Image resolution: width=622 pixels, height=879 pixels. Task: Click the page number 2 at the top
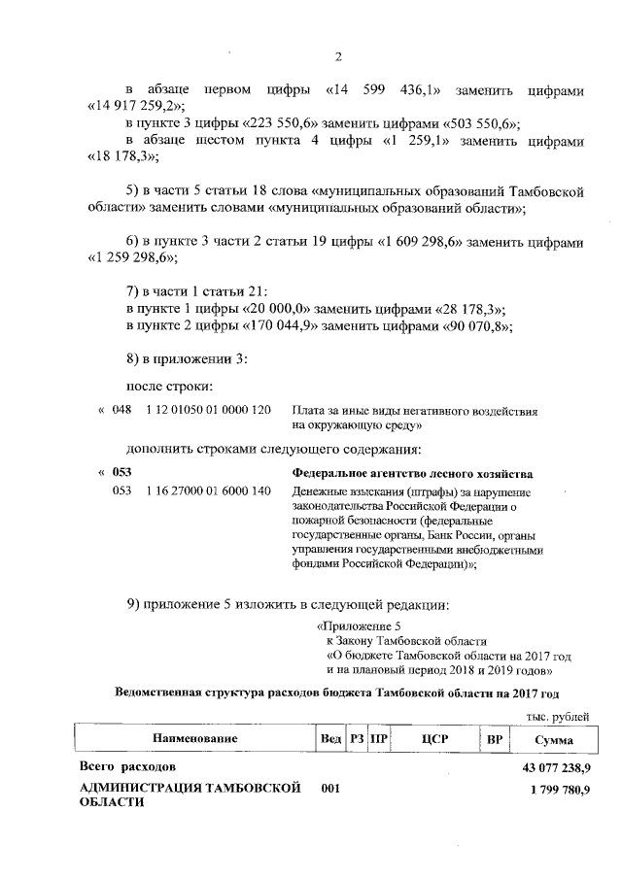pos(337,55)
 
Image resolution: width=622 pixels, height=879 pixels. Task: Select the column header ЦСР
pos(434,739)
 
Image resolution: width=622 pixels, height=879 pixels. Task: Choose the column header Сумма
pos(553,739)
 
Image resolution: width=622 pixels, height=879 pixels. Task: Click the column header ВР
pos(494,739)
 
